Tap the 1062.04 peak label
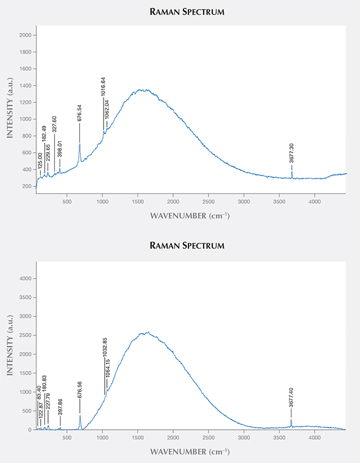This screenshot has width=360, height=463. tap(106, 110)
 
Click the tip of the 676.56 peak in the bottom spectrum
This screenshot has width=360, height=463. tap(80, 415)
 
